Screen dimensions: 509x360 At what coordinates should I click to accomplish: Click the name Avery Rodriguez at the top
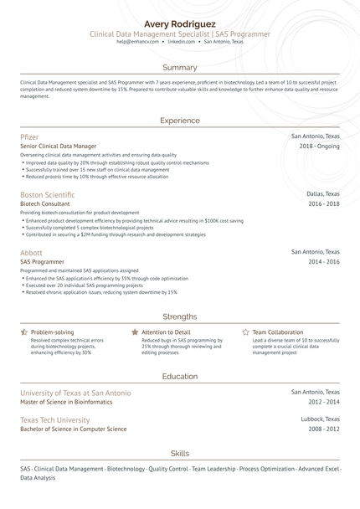pos(179,23)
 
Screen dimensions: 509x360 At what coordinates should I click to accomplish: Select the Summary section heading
pos(179,67)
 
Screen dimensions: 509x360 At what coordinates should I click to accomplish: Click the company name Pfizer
pos(29,136)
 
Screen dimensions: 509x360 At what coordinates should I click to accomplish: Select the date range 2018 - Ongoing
pos(320,146)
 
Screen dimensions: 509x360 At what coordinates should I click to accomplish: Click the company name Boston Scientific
pos(47,194)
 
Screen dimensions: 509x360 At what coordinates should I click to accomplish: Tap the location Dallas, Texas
pos(323,193)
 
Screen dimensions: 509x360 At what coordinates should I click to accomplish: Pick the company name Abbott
pos(31,252)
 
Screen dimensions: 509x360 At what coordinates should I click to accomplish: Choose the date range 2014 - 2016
pos(323,261)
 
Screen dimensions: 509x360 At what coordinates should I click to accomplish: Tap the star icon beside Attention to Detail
pos(135,332)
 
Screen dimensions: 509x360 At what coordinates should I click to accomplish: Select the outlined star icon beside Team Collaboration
pos(245,332)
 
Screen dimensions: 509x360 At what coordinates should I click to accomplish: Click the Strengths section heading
pos(179,316)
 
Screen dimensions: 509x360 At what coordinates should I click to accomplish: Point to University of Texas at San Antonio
pos(75,393)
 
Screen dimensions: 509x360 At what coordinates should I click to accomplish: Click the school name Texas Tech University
pos(54,419)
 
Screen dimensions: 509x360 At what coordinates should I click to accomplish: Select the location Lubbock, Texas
pos(321,419)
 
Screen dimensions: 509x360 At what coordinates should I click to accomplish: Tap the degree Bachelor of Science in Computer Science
pos(73,429)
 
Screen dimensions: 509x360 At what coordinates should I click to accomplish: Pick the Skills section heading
pos(179,452)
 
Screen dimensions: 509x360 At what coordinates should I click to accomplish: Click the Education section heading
pos(179,377)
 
